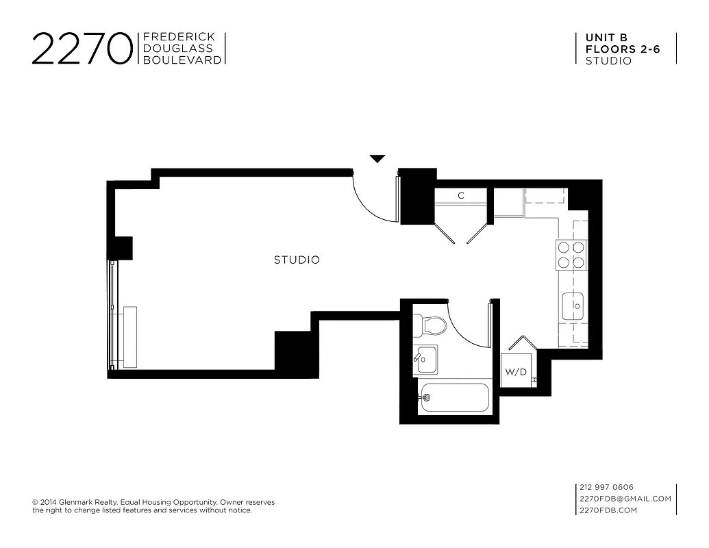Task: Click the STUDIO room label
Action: pyautogui.click(x=297, y=260)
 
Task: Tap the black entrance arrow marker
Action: pyautogui.click(x=377, y=159)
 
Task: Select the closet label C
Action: pyautogui.click(x=461, y=196)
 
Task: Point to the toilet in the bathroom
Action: pyautogui.click(x=432, y=324)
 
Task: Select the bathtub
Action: pyautogui.click(x=455, y=397)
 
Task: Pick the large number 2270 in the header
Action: pyautogui.click(x=82, y=49)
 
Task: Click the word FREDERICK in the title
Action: pyautogui.click(x=179, y=37)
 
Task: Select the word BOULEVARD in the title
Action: pyautogui.click(x=182, y=60)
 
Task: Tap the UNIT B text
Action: pyautogui.click(x=606, y=38)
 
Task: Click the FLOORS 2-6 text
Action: pyautogui.click(x=623, y=49)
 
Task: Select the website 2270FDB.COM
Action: pyautogui.click(x=608, y=510)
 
